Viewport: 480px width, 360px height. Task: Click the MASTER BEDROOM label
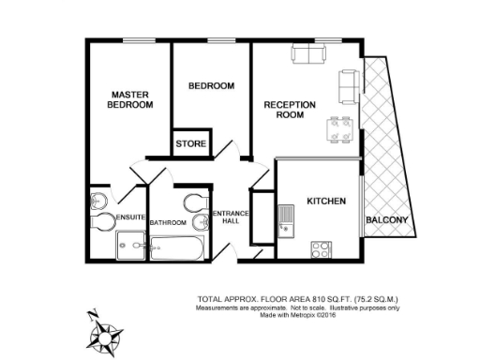click(130, 99)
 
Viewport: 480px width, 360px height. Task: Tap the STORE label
click(191, 144)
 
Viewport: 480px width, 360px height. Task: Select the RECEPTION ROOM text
click(290, 109)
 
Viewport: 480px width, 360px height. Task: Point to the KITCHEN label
click(327, 202)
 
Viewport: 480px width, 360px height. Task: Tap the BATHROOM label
click(168, 223)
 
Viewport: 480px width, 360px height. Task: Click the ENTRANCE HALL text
click(231, 218)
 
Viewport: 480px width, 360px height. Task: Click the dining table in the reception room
click(333, 128)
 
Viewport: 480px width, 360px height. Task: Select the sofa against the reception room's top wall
click(307, 55)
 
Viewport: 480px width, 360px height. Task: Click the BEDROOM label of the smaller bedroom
click(211, 86)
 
